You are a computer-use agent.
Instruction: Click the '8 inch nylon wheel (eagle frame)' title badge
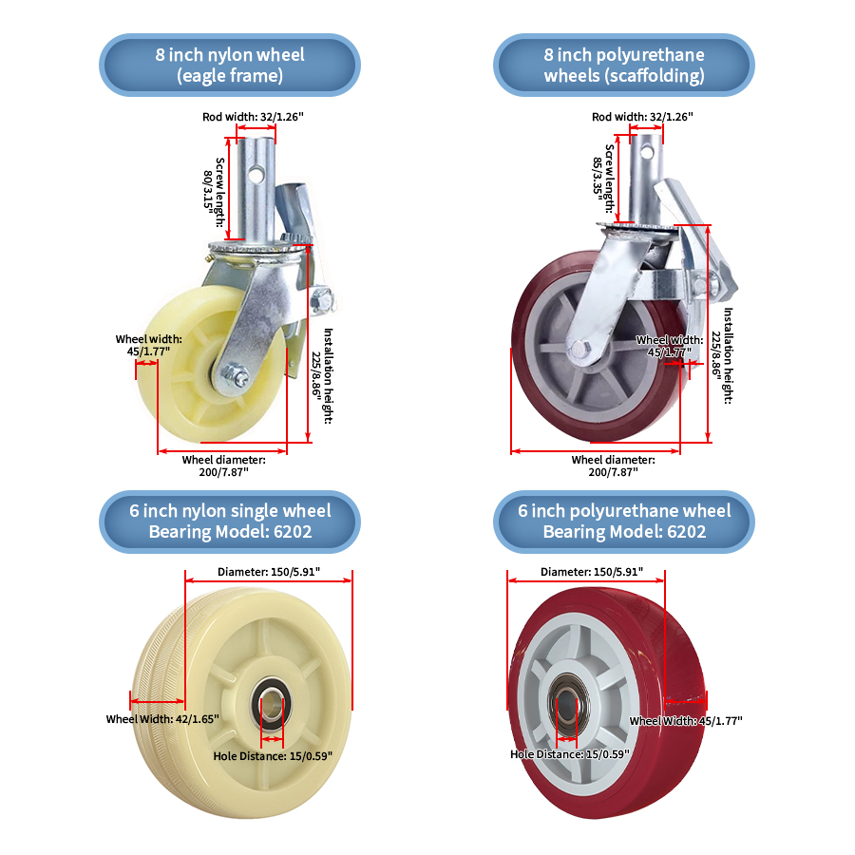230,65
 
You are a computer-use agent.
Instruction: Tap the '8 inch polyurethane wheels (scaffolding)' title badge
623,65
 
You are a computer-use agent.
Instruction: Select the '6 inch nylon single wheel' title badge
230,522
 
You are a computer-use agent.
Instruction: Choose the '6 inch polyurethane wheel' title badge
623,522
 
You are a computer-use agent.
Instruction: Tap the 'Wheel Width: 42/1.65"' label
161,719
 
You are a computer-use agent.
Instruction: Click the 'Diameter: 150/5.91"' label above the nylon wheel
269,573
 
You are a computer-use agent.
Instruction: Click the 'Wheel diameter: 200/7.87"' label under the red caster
613,465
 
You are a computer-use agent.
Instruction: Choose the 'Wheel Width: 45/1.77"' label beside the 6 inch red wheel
686,721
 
